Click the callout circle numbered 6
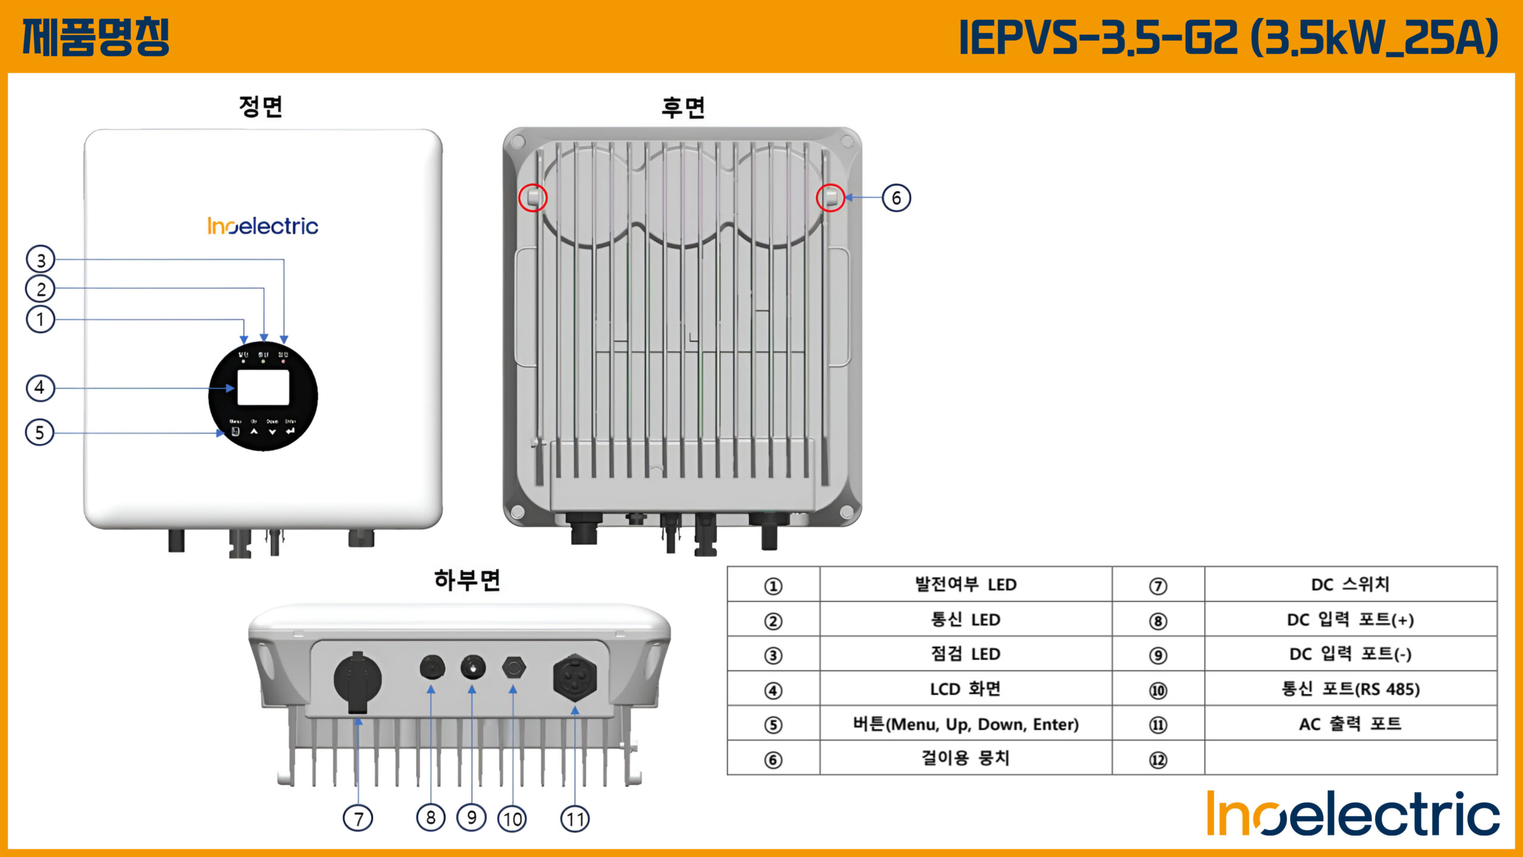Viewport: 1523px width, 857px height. point(896,198)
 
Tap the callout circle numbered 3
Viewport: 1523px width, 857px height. point(40,259)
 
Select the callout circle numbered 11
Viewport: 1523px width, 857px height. point(575,818)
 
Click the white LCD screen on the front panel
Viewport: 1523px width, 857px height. point(263,387)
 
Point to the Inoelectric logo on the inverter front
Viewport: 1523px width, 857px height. point(262,226)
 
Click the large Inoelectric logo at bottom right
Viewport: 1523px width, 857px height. point(1353,813)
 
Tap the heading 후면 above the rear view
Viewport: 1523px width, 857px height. point(683,108)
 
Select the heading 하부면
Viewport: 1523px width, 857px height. point(467,580)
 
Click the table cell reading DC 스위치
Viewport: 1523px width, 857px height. point(1350,584)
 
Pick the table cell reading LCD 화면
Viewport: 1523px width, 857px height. point(966,689)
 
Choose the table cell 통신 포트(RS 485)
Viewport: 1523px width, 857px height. point(1350,689)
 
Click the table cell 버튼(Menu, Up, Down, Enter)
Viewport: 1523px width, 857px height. point(966,724)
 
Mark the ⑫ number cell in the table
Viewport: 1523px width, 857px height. point(1158,759)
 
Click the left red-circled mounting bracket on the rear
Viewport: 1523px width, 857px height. point(532,198)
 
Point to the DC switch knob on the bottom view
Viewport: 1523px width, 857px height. point(358,681)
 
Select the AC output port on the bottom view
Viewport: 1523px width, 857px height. point(575,678)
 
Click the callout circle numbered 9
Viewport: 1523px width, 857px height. point(472,818)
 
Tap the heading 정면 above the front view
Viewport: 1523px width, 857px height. point(261,107)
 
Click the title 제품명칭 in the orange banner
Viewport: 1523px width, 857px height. point(96,37)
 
